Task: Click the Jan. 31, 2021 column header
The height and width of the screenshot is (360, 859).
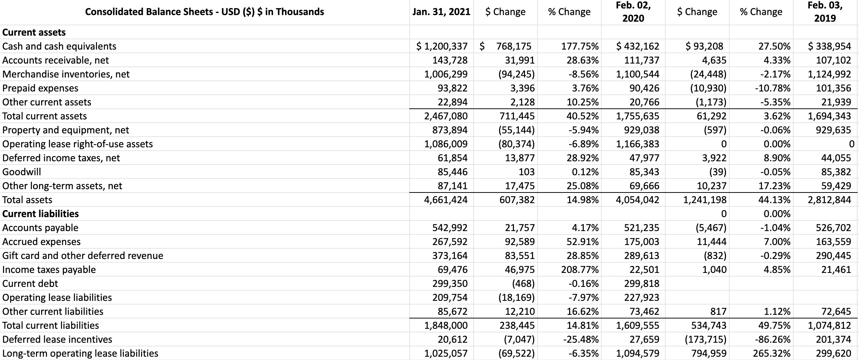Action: (x=441, y=12)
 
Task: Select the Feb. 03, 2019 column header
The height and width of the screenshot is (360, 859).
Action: (x=825, y=12)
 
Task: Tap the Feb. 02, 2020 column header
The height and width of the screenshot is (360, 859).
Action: (x=633, y=12)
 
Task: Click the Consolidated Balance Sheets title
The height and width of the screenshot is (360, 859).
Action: (x=204, y=12)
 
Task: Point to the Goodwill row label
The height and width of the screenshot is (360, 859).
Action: (x=22, y=172)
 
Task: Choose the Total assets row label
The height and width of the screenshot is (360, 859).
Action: (x=27, y=200)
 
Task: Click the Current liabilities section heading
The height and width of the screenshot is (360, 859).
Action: (x=40, y=214)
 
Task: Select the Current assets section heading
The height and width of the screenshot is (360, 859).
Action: (x=34, y=32)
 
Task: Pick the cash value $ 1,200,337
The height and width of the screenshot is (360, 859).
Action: (x=442, y=46)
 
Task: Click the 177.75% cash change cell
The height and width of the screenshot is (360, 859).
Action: (x=580, y=46)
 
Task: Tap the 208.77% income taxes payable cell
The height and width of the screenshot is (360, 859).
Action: (x=580, y=270)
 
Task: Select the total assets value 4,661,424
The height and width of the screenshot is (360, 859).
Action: (x=446, y=200)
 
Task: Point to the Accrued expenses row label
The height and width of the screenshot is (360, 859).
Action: (x=41, y=242)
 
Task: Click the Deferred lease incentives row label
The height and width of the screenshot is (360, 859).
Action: (x=57, y=339)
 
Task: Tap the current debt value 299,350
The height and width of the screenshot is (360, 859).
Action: (x=449, y=284)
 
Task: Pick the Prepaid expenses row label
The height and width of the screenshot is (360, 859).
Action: (x=40, y=88)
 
